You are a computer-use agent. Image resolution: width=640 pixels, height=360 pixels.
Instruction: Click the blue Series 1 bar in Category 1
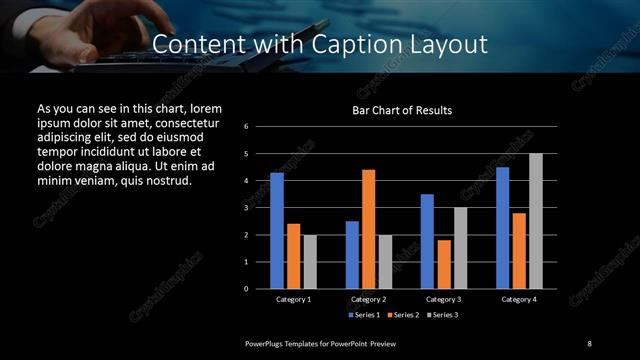[277, 231]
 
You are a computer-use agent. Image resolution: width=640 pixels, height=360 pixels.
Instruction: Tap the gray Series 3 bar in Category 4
[536, 221]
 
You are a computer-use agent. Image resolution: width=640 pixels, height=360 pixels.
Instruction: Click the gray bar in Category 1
[310, 262]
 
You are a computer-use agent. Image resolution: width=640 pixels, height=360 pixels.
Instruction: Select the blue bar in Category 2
[352, 255]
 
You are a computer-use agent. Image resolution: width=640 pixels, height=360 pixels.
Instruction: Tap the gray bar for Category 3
[461, 248]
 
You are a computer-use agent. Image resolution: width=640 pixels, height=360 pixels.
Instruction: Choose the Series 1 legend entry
[364, 314]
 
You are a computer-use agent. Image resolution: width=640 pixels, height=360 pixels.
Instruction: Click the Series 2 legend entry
[402, 314]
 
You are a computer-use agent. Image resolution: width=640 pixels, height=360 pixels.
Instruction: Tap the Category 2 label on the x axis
[369, 299]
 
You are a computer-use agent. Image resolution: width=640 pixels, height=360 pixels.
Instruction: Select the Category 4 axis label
[519, 299]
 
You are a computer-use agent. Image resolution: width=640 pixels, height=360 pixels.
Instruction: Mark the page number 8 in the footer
[589, 343]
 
